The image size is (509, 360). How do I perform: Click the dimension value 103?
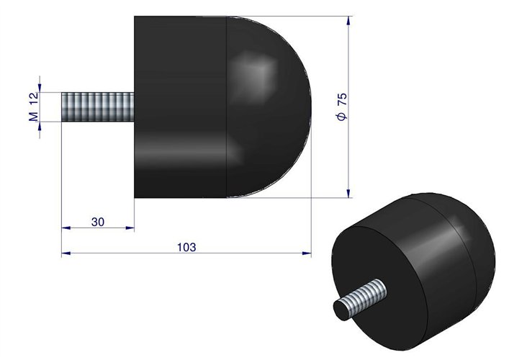[186, 246]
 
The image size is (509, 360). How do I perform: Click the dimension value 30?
[99, 221]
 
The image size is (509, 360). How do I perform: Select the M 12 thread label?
[33, 107]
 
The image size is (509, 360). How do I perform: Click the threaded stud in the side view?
[97, 107]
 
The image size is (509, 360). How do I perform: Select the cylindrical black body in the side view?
[180, 108]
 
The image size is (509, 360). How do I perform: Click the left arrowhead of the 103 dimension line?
[65, 253]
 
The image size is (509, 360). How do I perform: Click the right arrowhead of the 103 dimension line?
[307, 253]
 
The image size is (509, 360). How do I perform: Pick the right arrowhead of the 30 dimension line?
[131, 228]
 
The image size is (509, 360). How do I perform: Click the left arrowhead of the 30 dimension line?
[65, 228]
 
